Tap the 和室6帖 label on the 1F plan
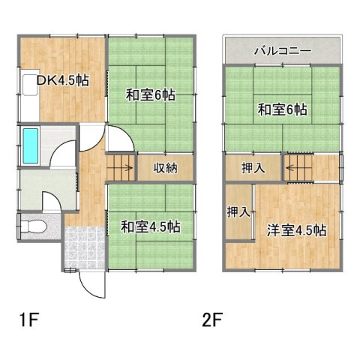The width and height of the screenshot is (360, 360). [151, 95]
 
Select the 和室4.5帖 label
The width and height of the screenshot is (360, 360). [151, 225]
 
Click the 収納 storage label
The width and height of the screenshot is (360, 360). [166, 168]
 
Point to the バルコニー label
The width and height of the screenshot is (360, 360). [283, 52]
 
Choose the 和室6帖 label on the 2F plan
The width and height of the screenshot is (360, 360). [283, 109]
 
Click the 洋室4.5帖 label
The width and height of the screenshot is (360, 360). [296, 231]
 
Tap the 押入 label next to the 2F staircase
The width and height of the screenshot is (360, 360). [253, 168]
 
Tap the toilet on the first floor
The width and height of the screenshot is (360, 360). [34, 226]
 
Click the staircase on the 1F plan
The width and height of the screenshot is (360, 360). [120, 166]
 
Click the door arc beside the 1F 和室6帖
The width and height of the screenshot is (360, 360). [119, 138]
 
